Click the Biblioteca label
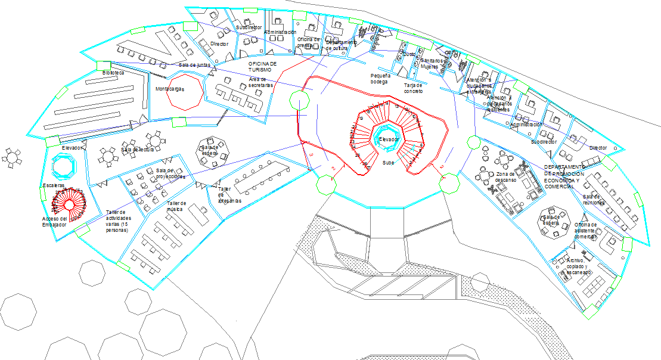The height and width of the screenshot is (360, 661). point(114,72)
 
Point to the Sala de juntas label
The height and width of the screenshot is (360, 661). point(195,64)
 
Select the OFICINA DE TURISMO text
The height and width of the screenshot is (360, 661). point(263,66)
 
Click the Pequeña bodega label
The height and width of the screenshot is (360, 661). point(380,79)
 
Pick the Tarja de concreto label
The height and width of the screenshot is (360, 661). point(413,88)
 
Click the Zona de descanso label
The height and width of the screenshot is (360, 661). point(505,177)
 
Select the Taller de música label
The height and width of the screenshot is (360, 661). point(176,206)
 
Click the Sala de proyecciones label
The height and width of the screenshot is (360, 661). point(170,174)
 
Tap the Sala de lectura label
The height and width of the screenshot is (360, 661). point(138,150)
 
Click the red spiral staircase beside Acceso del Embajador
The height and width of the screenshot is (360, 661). point(70,204)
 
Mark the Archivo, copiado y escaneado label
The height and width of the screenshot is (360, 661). point(579,266)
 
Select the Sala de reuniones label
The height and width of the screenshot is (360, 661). point(594,199)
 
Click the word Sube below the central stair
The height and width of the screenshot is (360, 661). point(389,162)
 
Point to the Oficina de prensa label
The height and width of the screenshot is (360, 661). point(309,42)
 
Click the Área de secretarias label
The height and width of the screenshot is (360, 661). point(261,82)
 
